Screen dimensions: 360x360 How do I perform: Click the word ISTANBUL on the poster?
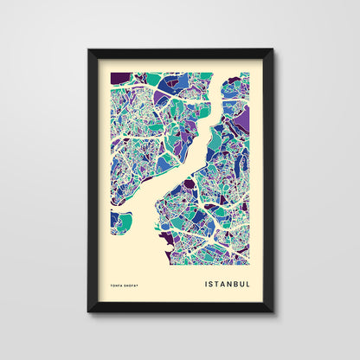pyautogui.click(x=228, y=282)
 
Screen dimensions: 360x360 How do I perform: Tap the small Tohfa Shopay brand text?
pyautogui.click(x=127, y=283)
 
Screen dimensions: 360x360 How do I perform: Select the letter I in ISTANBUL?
pyautogui.click(x=207, y=282)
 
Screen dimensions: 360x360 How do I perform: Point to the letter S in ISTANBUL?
pyautogui.click(x=212, y=282)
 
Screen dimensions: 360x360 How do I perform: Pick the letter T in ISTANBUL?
pyautogui.click(x=218, y=282)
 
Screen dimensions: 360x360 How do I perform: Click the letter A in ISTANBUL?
pyautogui.click(x=224, y=282)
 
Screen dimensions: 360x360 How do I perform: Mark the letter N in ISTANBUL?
pyautogui.click(x=231, y=282)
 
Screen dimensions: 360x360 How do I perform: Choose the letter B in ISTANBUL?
pyautogui.click(x=237, y=282)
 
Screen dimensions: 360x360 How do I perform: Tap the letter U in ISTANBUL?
pyautogui.click(x=244, y=282)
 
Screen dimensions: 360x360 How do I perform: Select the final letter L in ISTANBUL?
pyautogui.click(x=250, y=282)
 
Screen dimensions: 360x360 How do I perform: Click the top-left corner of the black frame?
pyautogui.click(x=89, y=50)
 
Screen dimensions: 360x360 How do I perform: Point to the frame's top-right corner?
pyautogui.click(x=272, y=50)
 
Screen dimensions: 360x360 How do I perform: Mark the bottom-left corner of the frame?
pyautogui.click(x=89, y=311)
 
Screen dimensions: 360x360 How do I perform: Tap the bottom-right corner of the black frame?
pyautogui.click(x=272, y=311)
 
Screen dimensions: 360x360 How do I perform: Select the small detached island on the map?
pyautogui.click(x=120, y=222)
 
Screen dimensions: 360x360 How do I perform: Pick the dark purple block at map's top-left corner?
pyautogui.click(x=119, y=79)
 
